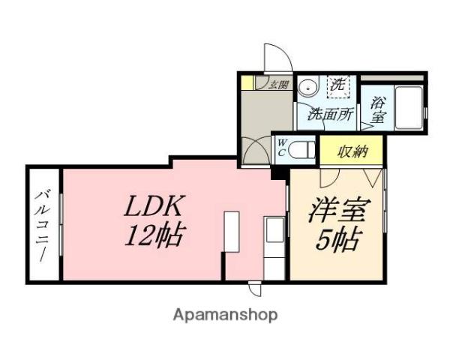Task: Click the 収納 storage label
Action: (351, 151)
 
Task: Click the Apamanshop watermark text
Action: (225, 314)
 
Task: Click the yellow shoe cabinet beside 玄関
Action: (248, 82)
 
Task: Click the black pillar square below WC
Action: (279, 172)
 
